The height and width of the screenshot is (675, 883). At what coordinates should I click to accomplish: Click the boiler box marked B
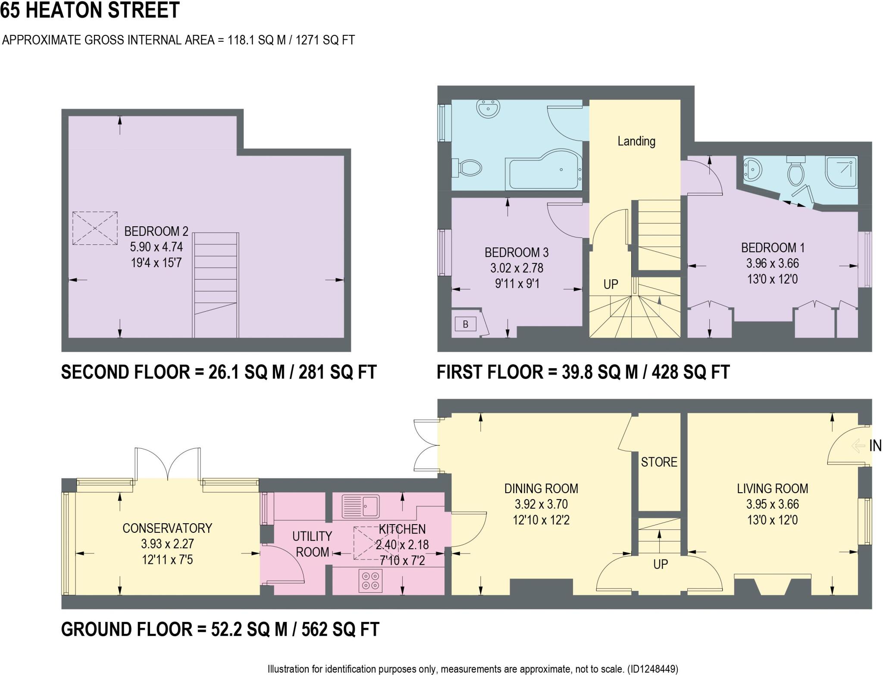coord(465,324)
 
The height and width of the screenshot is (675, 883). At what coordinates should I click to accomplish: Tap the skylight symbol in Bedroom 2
coord(95,228)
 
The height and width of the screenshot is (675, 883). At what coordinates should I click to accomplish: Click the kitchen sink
coord(360,506)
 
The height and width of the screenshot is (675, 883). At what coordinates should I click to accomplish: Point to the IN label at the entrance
coord(875,446)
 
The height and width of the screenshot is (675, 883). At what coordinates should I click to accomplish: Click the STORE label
coord(659,462)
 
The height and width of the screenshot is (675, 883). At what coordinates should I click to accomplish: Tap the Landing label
coord(636,141)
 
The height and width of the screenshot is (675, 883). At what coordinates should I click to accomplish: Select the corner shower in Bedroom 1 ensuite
coord(841,172)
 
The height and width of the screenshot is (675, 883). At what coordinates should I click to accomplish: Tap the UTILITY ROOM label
coord(312,544)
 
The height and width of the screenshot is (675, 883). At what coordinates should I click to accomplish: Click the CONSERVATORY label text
coord(167,528)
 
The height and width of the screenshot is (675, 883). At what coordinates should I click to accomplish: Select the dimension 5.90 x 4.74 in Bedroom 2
coord(156,247)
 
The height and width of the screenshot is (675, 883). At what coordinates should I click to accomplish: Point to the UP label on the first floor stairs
coord(611,284)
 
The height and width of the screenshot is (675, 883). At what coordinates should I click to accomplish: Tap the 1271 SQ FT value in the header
coord(325,40)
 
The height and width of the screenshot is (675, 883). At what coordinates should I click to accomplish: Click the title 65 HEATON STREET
coord(90,10)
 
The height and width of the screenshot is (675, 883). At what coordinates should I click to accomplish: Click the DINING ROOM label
coord(541,488)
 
